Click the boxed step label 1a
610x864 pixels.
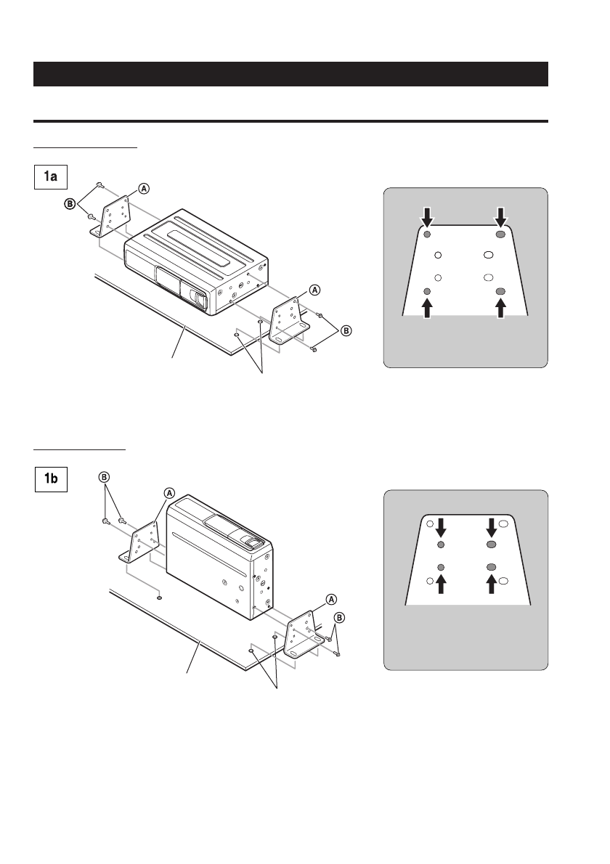click(x=52, y=176)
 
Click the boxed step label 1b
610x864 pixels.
click(x=52, y=480)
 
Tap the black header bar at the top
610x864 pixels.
click(x=290, y=74)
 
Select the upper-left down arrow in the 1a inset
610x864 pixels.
click(x=428, y=215)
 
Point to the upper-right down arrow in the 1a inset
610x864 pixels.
click(x=500, y=215)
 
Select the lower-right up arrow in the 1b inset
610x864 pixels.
click(x=492, y=583)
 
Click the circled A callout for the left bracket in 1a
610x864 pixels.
click(x=144, y=188)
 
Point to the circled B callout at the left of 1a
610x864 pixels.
click(x=70, y=204)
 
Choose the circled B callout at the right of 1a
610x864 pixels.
click(x=346, y=330)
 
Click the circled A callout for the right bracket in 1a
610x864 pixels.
click(x=314, y=289)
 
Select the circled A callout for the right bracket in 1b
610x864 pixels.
click(x=330, y=600)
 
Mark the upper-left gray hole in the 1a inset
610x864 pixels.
click(x=428, y=235)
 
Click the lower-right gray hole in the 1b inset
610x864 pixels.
click(x=492, y=566)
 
